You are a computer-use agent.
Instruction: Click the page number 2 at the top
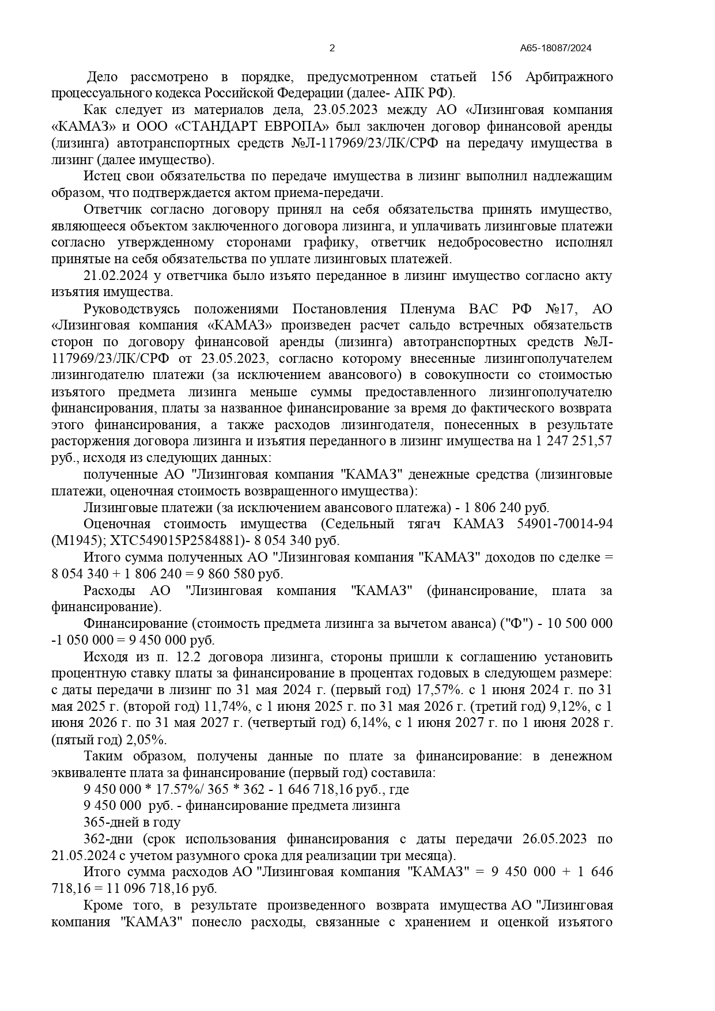(x=332, y=48)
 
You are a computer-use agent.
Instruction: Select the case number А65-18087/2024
(x=555, y=48)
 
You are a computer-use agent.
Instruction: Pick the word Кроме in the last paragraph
(x=101, y=906)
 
